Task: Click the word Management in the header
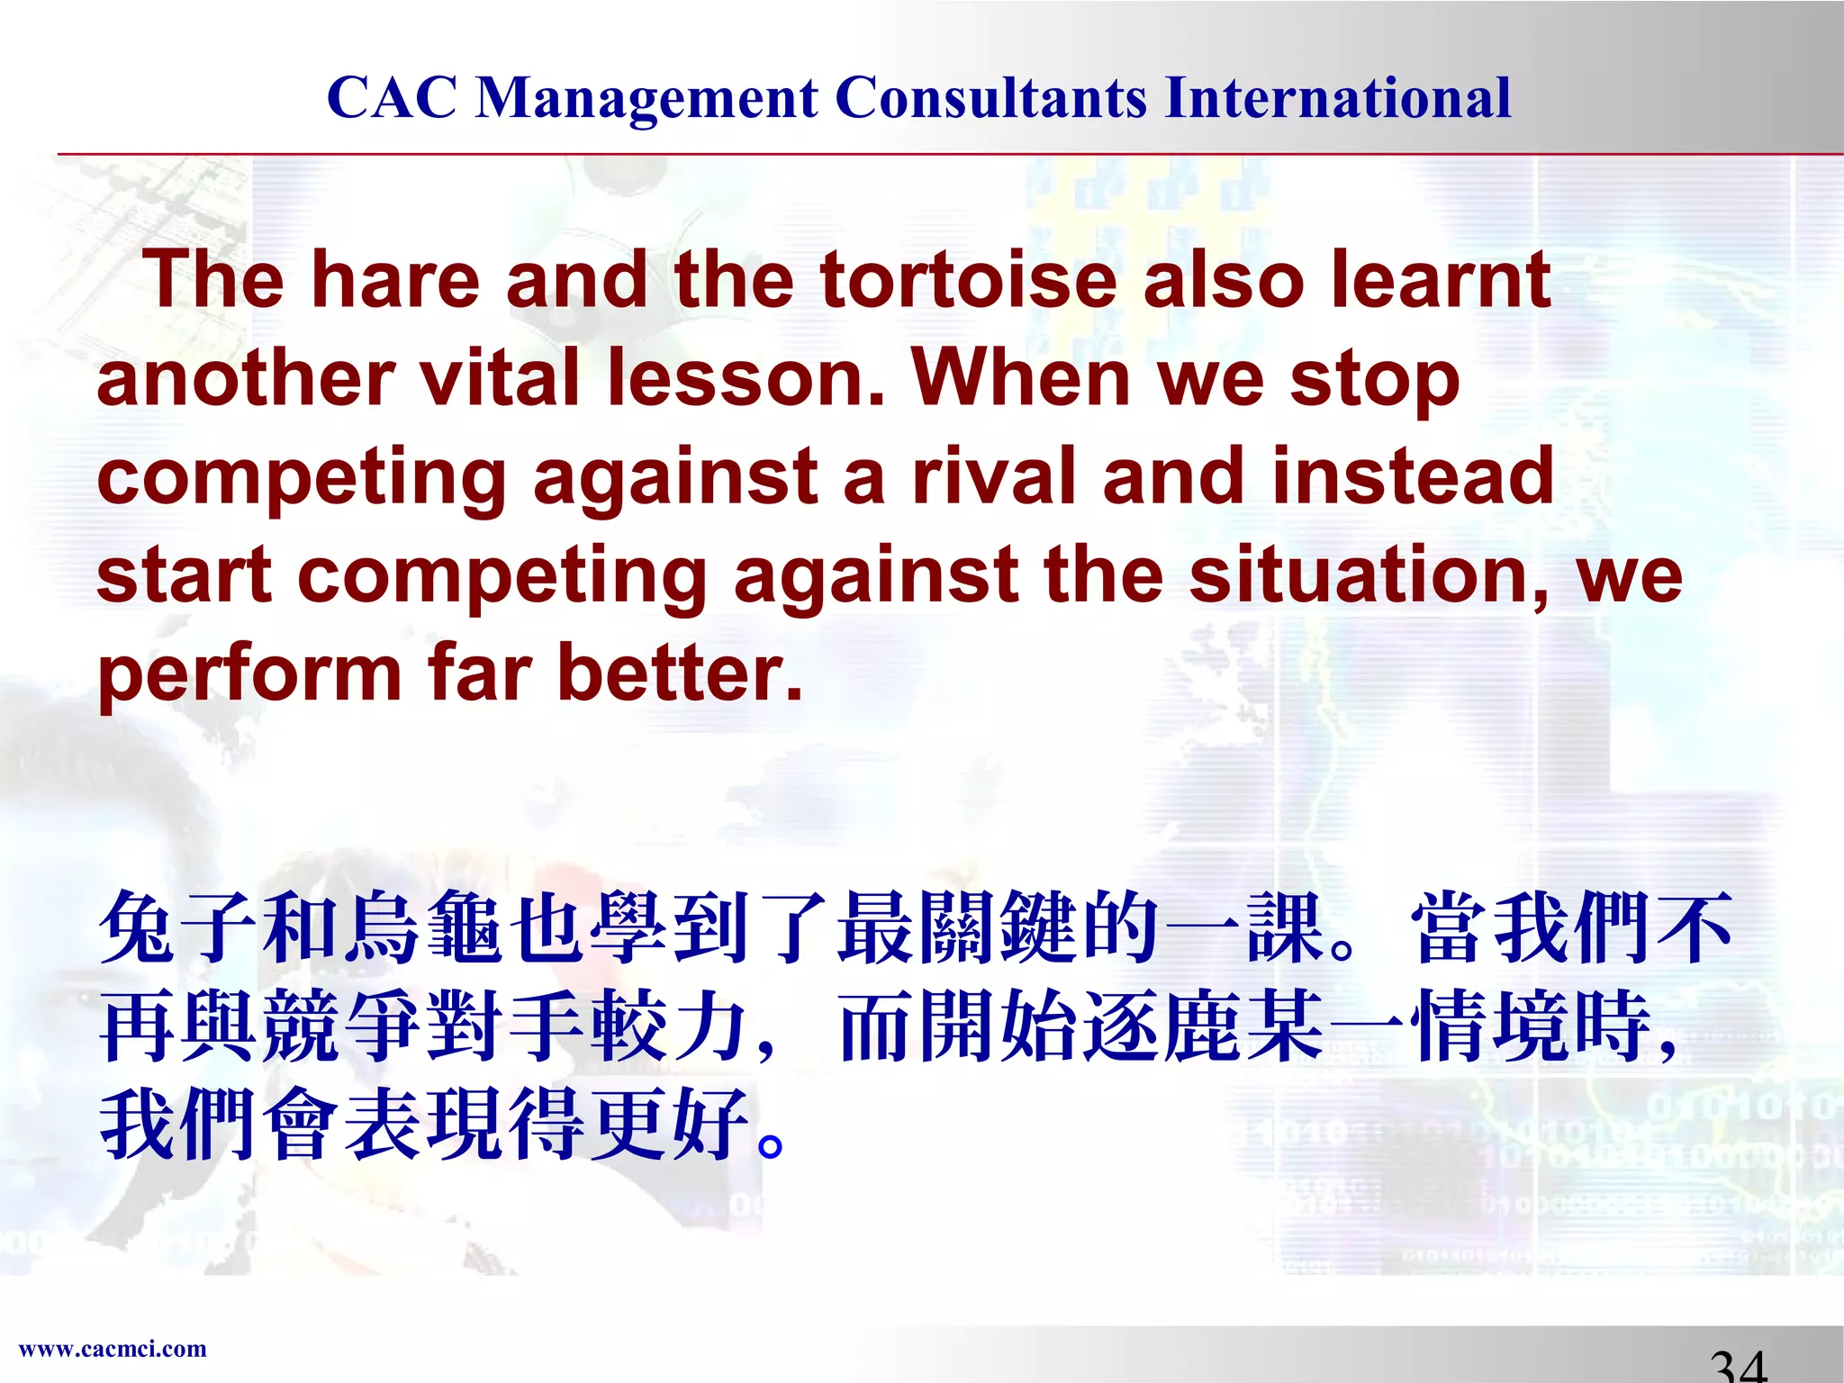[646, 99]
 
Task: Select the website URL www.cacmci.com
[113, 1349]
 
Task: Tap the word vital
[501, 378]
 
